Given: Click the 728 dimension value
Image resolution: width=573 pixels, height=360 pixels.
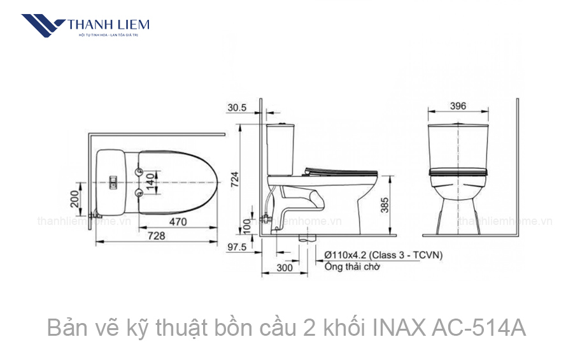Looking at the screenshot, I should (156, 236).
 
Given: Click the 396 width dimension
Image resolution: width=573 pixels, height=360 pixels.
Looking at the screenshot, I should (457, 106).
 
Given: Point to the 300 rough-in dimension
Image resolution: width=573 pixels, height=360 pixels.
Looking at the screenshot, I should (285, 268).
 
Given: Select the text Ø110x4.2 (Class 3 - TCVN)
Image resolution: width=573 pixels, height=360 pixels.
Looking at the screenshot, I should (383, 255).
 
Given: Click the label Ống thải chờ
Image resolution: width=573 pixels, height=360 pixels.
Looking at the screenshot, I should (352, 267).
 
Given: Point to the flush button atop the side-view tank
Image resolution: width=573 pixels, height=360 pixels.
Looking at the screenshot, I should (279, 122).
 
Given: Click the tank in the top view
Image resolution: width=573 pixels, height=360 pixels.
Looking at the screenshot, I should (116, 182).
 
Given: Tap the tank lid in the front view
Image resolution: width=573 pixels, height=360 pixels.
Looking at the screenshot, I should (457, 126).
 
